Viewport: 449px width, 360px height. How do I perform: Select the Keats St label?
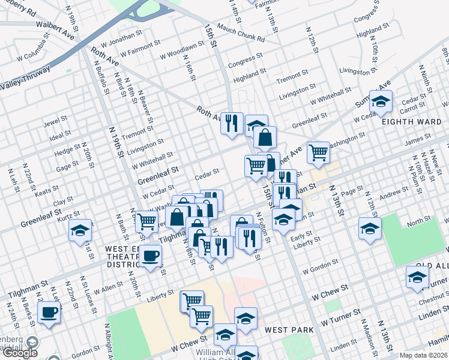[x=44, y=192]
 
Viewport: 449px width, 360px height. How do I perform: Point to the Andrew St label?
[x=393, y=193]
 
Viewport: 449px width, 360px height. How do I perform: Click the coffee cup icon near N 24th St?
[x=49, y=313]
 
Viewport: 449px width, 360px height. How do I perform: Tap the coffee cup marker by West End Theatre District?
[x=151, y=256]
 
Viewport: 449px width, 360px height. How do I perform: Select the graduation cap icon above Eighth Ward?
[x=381, y=102]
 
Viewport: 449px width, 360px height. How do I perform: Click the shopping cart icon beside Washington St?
[x=318, y=152]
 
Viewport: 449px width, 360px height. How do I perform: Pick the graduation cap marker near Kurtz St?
[x=80, y=230]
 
